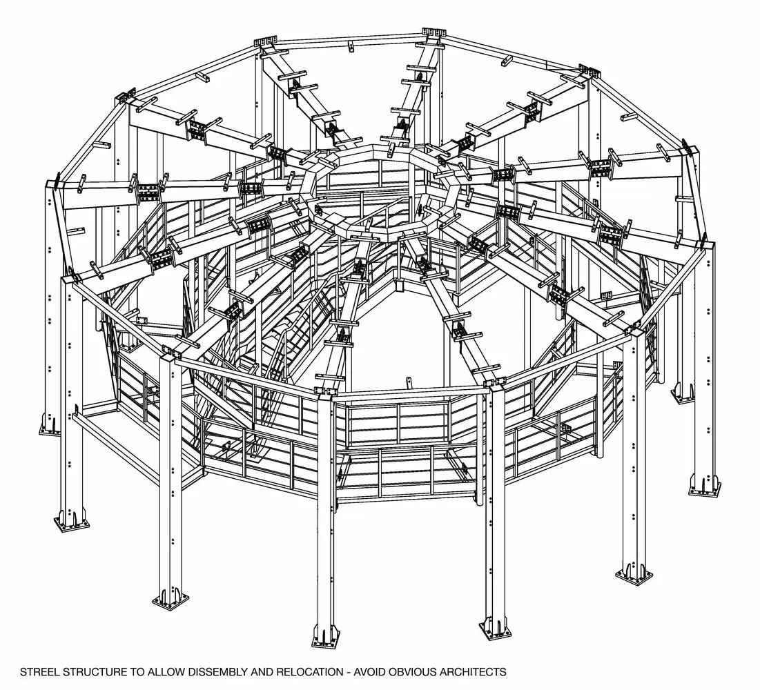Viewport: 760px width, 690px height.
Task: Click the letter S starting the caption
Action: click(x=23, y=672)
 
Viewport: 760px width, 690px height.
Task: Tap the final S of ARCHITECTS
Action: click(x=504, y=672)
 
